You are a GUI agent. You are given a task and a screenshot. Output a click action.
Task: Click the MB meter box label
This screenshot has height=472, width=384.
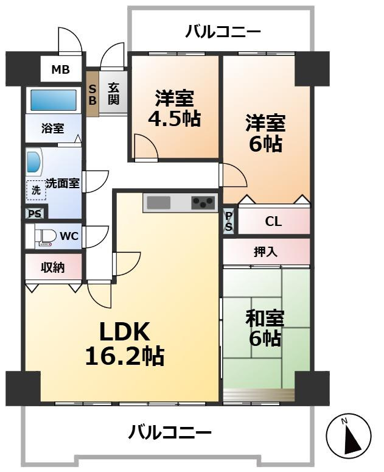pos(61,70)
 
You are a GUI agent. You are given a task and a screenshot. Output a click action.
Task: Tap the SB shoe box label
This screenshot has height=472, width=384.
pos(93,94)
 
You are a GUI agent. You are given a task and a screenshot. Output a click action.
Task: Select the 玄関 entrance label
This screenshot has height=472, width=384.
pos(113,94)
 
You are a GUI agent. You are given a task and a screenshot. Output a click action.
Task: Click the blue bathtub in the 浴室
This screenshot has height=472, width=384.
pos(53,100)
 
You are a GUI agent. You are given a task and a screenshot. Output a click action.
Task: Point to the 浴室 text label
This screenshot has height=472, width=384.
pos(52,129)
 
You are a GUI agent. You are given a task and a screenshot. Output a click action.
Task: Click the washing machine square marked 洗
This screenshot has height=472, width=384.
pos(36,190)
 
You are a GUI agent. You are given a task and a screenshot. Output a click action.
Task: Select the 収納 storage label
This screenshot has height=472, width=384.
pos(52,267)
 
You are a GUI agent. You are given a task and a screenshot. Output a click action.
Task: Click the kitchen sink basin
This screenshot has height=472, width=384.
pos(159,202)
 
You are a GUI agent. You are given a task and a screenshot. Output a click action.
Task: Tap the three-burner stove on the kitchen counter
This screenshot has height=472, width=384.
pos(203,203)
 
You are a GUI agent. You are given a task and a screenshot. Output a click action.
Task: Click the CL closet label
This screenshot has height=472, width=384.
pos(273,222)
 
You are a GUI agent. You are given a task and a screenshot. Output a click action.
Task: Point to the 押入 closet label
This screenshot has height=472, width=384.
pos(265,252)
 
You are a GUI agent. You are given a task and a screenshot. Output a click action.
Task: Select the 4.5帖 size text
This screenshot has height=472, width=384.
pos(175,119)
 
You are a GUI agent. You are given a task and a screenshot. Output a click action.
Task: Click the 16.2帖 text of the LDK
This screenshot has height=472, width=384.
pos(125,356)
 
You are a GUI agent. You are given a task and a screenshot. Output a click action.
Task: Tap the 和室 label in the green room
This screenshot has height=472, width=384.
pos(265,319)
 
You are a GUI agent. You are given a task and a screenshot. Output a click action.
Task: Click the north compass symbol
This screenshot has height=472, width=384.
pos(349,435)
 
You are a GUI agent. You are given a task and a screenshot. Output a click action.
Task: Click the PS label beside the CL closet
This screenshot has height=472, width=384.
pos(229,221)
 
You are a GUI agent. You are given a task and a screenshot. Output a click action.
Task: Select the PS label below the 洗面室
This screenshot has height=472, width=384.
pos(35,213)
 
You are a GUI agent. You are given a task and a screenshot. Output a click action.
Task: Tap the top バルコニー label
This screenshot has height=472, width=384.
pos(223,31)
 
